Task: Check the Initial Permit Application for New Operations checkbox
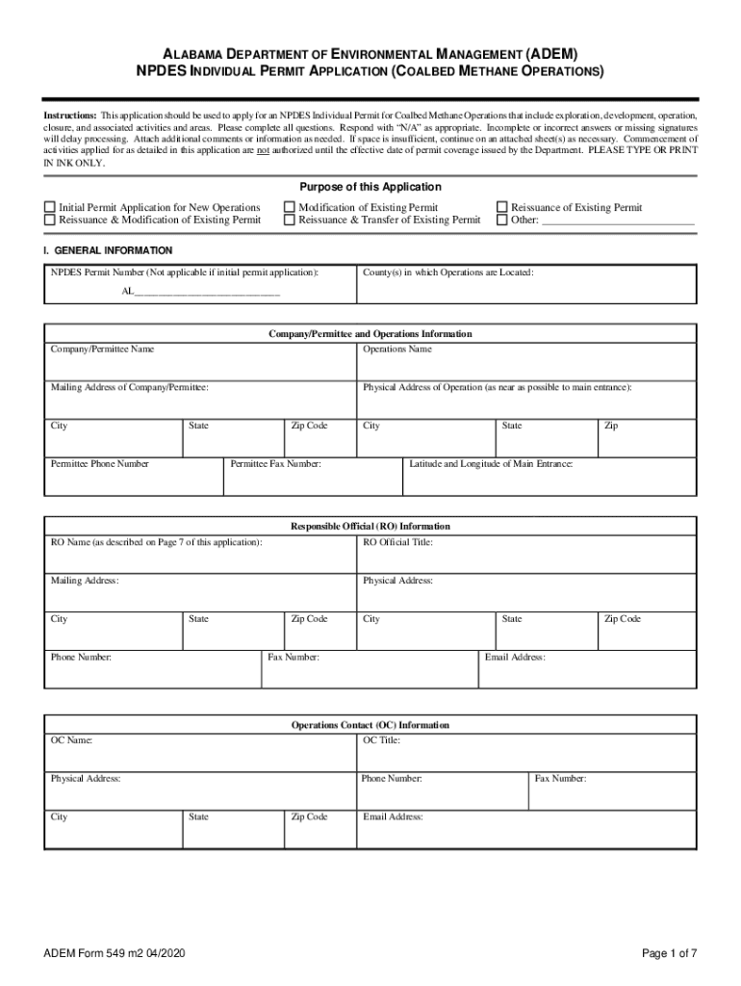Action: [50, 207]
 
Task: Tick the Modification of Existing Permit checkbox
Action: [290, 207]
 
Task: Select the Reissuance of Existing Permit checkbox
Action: [501, 207]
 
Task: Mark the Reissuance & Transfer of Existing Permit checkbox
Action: [290, 220]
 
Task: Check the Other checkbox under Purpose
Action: [501, 220]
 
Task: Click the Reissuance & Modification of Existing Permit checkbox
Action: [50, 220]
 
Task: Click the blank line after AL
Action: [207, 293]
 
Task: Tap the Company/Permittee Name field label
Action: [102, 349]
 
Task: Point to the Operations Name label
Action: [396, 349]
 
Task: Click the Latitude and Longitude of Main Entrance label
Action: [491, 464]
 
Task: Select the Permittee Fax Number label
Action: [275, 464]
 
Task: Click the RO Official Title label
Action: [397, 542]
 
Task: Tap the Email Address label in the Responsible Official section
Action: [515, 657]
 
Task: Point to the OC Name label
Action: [72, 740]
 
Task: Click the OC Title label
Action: [381, 740]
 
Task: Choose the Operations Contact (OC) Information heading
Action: [370, 725]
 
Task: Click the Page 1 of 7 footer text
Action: [670, 953]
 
